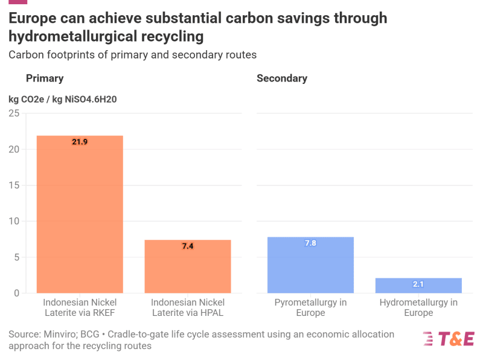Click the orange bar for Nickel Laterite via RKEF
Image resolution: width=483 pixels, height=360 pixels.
(x=80, y=214)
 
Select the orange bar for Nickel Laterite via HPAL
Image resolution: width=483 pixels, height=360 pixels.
(x=188, y=266)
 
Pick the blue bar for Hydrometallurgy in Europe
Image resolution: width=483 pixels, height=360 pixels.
(x=418, y=286)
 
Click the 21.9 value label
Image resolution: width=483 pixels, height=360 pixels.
(x=80, y=142)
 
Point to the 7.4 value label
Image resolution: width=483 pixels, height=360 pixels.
(x=188, y=246)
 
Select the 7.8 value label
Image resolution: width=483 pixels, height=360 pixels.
(x=310, y=243)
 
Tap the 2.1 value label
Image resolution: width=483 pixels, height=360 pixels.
(x=418, y=284)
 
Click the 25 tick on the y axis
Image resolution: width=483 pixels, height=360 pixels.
(x=14, y=114)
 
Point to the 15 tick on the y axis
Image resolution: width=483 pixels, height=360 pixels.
(x=14, y=185)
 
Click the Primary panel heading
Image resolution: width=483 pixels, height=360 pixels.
(x=45, y=79)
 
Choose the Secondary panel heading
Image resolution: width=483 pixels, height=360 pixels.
(x=282, y=79)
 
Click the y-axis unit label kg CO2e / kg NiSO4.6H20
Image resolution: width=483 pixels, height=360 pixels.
(x=62, y=99)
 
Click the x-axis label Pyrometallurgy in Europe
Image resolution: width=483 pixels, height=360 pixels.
(x=310, y=307)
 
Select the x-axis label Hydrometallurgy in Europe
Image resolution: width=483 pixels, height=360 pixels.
(x=418, y=307)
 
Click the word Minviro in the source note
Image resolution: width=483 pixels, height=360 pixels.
(x=60, y=334)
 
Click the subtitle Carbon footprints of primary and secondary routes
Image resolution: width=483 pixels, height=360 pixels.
(x=132, y=55)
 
